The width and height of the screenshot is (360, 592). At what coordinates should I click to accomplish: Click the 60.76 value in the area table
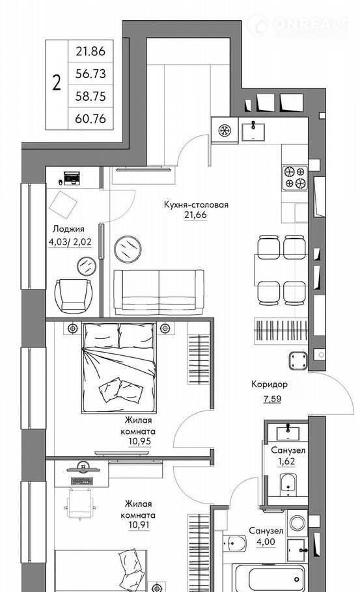coord(90,118)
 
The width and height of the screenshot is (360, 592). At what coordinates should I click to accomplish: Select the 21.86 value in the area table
coord(90,51)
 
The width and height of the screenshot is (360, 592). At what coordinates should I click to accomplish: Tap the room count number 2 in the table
coord(57,83)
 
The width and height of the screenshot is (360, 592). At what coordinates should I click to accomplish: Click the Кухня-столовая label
coord(196,205)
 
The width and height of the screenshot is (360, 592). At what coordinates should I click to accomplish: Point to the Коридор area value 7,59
coord(272,399)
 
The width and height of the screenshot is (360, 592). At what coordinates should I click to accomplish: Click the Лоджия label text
coord(68,229)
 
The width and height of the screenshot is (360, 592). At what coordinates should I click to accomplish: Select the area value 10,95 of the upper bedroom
coord(139,441)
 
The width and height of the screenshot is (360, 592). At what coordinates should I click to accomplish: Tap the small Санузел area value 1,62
coord(286,461)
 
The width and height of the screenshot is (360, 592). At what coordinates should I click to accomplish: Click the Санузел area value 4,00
coord(267,542)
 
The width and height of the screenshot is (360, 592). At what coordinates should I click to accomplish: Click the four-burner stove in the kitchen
coord(295,178)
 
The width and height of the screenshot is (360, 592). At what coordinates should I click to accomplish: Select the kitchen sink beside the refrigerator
coord(253,132)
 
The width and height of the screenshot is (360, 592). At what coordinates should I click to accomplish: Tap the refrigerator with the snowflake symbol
coord(225,131)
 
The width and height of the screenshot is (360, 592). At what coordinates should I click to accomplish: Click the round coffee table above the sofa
coord(128,249)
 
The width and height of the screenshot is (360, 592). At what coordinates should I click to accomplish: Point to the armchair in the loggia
coord(74,295)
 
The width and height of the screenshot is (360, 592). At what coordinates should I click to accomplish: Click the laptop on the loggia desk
coord(72,178)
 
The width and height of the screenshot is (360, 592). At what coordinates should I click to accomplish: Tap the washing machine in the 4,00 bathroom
coord(298,524)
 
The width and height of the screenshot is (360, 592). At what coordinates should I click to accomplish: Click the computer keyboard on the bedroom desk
coord(82,481)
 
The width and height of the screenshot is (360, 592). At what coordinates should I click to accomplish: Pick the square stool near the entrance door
coord(298,360)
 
